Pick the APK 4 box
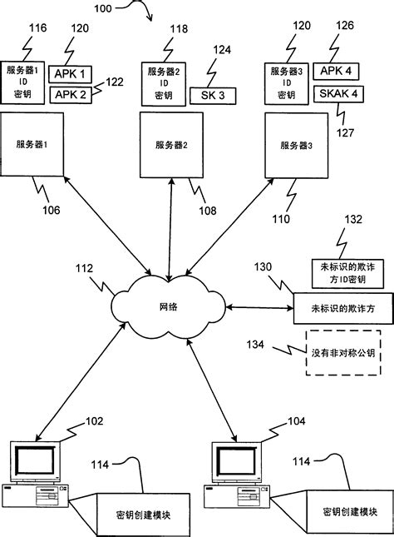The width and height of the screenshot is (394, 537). [336, 72]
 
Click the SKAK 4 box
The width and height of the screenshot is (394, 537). [336, 94]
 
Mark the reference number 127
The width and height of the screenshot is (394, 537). [344, 131]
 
